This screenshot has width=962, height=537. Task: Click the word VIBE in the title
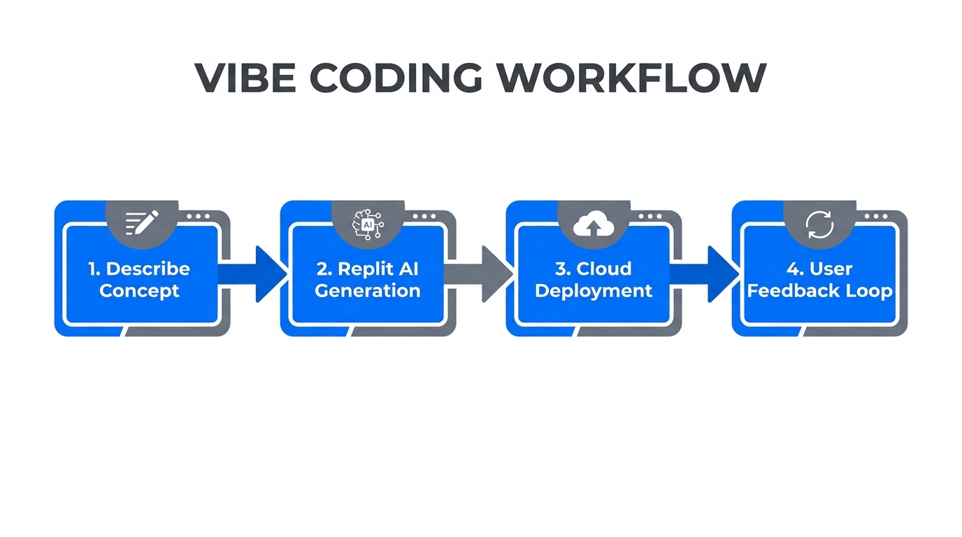click(245, 78)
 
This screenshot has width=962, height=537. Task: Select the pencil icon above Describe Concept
click(142, 223)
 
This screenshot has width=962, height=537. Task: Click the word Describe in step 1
click(148, 268)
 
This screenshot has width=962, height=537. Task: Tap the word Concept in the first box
click(139, 291)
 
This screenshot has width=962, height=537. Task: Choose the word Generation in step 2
click(368, 291)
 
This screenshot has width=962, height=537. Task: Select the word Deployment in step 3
click(594, 291)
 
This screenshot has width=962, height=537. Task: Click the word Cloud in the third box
click(604, 268)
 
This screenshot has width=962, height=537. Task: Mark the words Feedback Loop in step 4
click(819, 291)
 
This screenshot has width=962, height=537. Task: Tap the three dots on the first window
click(198, 217)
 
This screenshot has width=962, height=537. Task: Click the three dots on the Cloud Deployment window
click(649, 217)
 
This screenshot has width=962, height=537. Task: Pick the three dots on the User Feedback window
click(875, 217)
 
